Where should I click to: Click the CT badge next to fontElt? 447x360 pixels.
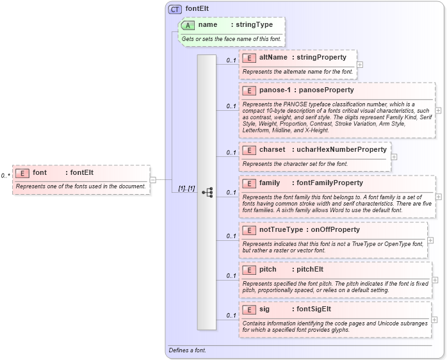[175, 9]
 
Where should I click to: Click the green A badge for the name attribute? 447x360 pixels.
[188, 25]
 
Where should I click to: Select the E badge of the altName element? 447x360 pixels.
[248, 58]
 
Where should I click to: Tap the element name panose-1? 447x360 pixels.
[274, 90]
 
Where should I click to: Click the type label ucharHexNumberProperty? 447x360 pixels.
[341, 150]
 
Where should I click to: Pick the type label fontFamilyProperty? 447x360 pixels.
[329, 183]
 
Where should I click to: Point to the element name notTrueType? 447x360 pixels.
[281, 230]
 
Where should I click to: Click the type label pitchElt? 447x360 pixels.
[310, 270]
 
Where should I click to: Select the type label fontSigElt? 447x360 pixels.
[313, 309]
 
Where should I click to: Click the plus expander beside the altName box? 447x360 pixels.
[360, 64]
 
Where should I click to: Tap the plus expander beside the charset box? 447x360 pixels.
[394, 156]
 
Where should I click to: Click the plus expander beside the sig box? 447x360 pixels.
[434, 319]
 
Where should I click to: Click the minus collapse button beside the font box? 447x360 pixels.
[153, 179]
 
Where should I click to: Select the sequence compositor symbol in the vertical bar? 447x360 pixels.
[207, 192]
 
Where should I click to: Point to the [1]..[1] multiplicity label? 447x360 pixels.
[186, 188]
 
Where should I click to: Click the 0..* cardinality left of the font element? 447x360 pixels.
[5, 176]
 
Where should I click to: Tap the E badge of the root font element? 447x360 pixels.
[22, 173]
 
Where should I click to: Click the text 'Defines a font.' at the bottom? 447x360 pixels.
[188, 350]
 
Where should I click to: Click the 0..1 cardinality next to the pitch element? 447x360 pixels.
[231, 276]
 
